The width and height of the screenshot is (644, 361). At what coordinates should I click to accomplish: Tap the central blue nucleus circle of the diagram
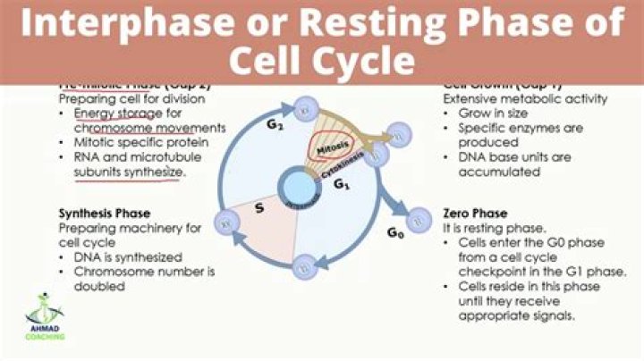coord(296,188)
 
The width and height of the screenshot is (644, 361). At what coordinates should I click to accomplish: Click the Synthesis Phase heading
coord(101,214)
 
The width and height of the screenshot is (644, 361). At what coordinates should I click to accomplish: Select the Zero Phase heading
coord(476,214)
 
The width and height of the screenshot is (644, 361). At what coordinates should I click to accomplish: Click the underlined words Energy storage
coord(113,113)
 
